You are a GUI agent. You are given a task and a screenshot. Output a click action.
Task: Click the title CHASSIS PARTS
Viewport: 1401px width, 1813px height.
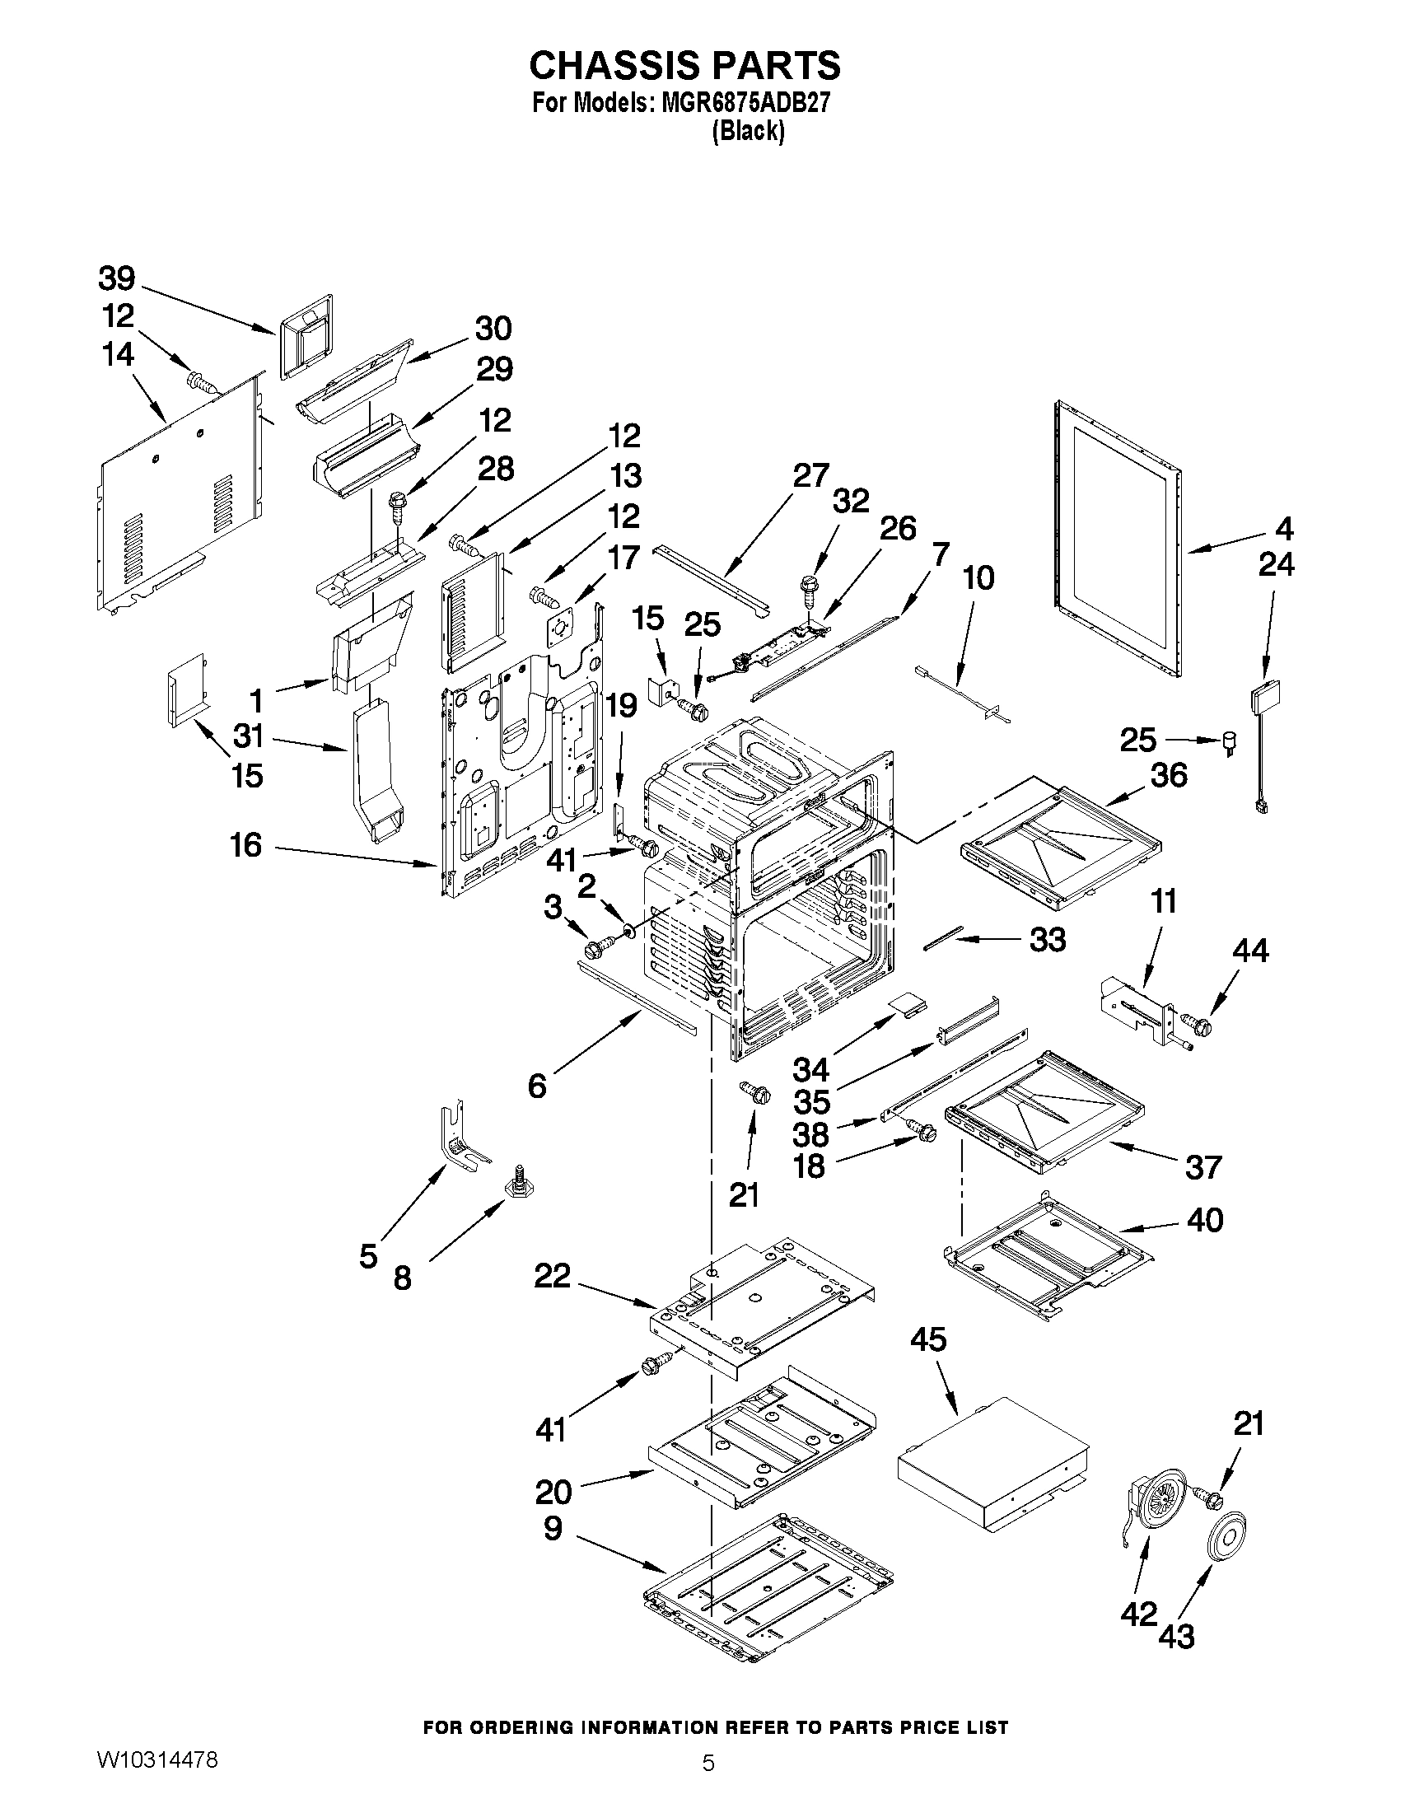point(684,64)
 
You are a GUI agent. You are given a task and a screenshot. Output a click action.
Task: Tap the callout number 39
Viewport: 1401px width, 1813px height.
point(117,279)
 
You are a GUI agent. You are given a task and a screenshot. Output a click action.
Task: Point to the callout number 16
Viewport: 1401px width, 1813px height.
point(245,845)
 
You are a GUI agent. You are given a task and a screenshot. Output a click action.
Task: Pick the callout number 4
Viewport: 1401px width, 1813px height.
point(1284,528)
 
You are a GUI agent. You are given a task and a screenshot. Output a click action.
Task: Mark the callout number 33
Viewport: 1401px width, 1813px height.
point(1048,940)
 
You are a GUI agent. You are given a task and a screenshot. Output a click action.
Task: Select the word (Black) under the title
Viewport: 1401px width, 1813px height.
point(748,131)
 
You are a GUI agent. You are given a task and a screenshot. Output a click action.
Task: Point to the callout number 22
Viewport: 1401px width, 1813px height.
point(553,1276)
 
